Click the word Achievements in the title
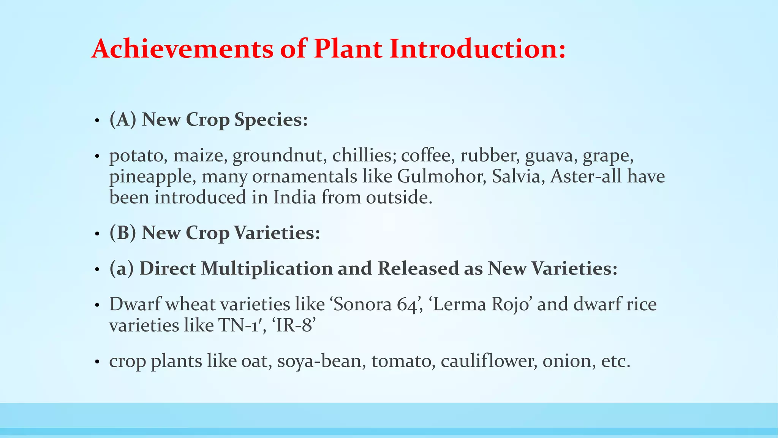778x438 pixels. (x=182, y=49)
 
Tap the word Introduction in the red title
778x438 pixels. (x=478, y=49)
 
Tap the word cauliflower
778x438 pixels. (x=489, y=361)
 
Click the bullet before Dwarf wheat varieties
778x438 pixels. (x=97, y=306)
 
